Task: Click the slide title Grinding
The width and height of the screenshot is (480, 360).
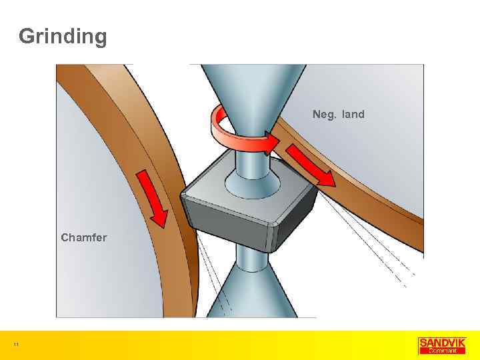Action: tap(63, 37)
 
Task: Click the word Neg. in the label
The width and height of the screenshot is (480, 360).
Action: tap(325, 115)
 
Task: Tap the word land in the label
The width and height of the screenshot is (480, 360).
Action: tap(353, 115)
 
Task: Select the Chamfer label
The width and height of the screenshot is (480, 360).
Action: tap(84, 237)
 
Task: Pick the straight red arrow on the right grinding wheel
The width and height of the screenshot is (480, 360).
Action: tap(312, 165)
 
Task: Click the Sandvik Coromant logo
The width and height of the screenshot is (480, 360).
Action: tap(442, 345)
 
